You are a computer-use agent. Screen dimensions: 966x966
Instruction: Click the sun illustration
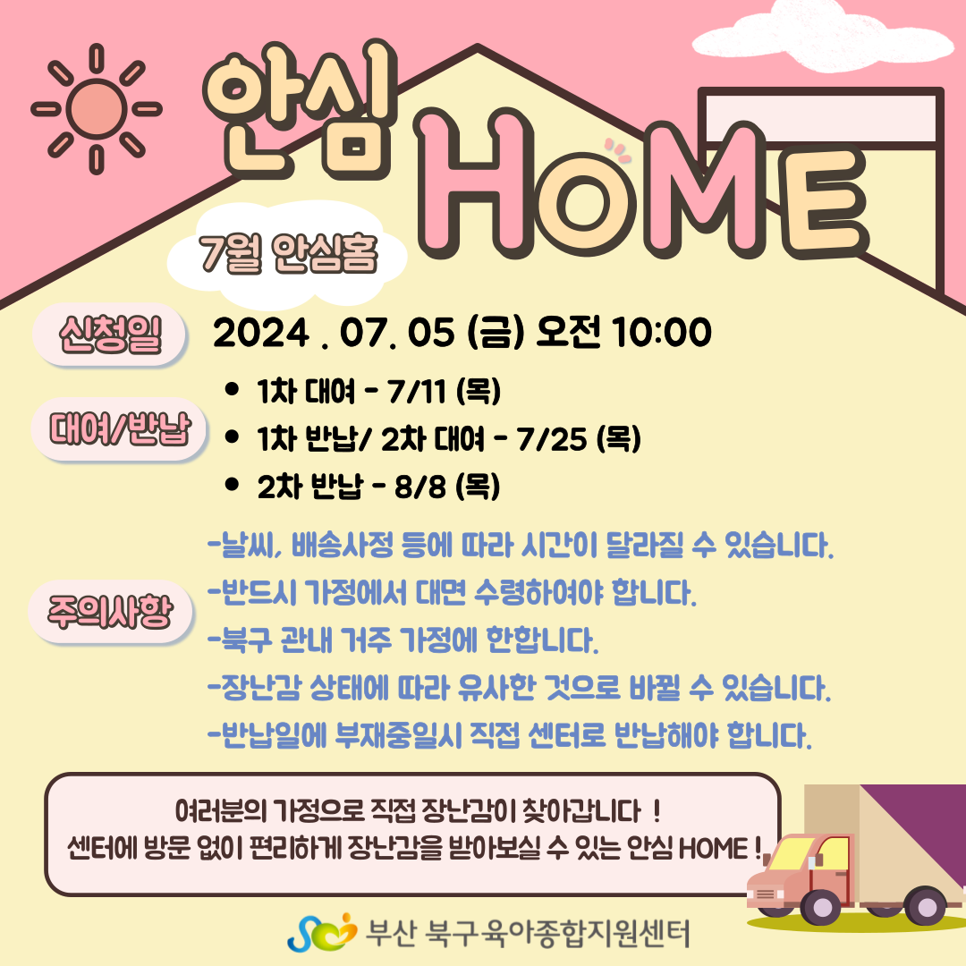(96, 109)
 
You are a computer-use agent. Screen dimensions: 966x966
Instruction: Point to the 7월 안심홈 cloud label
(287, 254)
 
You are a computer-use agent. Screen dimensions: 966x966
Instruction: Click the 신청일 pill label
(110, 335)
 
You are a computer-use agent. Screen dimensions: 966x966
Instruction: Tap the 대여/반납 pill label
(119, 429)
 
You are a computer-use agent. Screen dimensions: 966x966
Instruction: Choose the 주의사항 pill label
(111, 612)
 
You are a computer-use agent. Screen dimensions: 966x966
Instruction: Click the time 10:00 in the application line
(662, 333)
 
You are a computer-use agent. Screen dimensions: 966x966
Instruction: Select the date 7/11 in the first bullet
(416, 391)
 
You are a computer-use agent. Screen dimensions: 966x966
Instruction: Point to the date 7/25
(551, 439)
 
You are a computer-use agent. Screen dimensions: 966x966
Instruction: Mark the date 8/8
(420, 487)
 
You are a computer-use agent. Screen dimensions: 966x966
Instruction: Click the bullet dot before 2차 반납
(233, 484)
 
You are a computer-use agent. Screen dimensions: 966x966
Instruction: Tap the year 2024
(260, 334)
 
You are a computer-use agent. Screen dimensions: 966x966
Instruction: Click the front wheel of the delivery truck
(821, 907)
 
